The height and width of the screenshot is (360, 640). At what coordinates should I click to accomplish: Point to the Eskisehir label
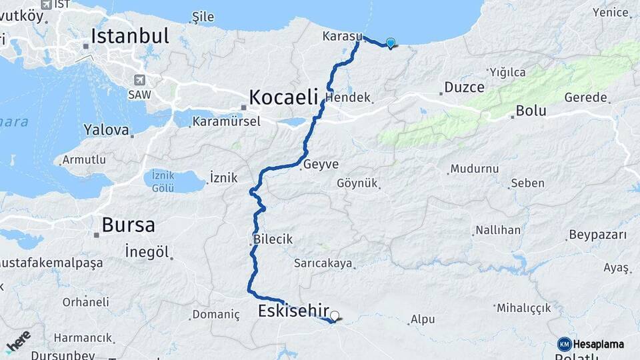(x=293, y=311)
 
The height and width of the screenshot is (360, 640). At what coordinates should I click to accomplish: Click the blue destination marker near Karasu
(x=390, y=43)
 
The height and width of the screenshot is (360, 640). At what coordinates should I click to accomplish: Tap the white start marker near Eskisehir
(x=335, y=315)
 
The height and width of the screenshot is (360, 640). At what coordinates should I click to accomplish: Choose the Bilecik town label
(x=273, y=239)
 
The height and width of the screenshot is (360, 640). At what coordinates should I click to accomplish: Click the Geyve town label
(x=321, y=165)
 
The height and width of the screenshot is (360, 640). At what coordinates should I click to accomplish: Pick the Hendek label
(x=348, y=97)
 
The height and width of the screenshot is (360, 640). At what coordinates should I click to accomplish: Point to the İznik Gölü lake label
(x=163, y=181)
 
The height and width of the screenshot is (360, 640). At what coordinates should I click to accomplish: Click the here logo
(x=18, y=341)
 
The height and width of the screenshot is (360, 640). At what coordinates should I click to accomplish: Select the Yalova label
(x=106, y=130)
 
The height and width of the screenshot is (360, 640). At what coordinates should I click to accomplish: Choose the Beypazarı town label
(x=598, y=235)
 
